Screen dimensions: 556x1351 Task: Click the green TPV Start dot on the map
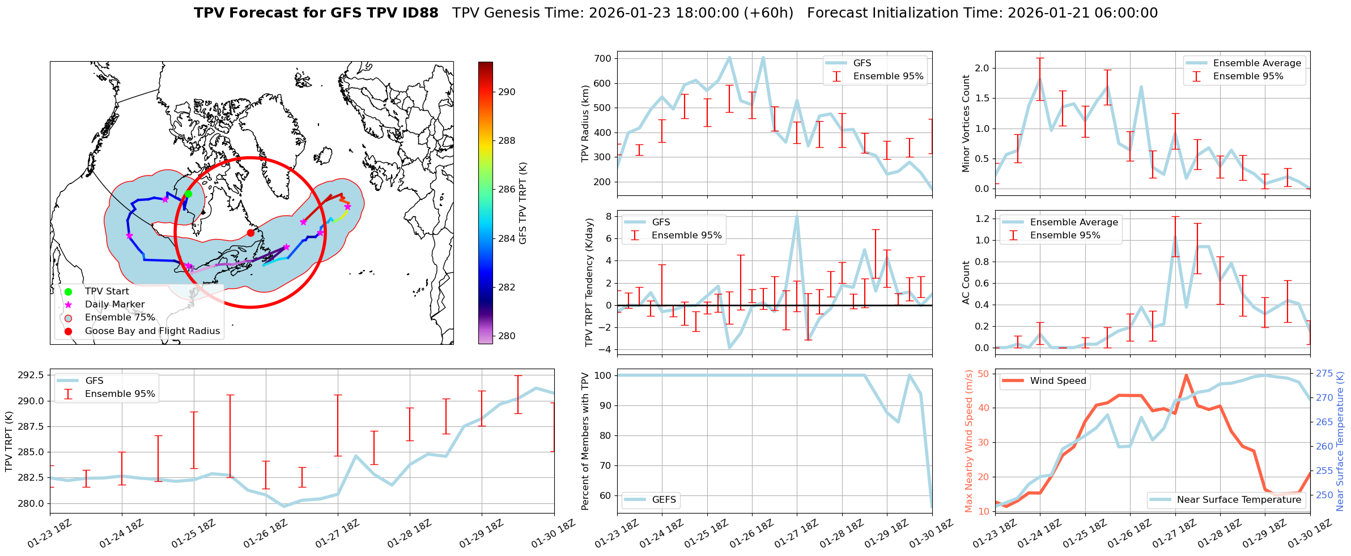point(188,194)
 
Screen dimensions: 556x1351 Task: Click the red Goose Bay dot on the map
point(250,233)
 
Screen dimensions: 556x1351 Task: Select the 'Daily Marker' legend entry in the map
point(114,305)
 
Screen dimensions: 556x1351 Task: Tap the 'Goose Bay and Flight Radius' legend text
point(152,331)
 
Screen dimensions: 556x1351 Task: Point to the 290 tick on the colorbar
point(507,92)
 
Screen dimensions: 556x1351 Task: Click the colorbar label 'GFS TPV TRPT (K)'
point(522,203)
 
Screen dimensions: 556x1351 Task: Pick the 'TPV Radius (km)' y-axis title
point(585,123)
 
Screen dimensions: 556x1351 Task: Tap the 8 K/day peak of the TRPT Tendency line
point(797,216)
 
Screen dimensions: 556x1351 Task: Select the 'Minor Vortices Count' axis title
point(966,123)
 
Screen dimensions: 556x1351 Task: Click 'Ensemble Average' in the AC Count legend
point(1074,223)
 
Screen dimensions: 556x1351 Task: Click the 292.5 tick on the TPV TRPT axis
point(31,375)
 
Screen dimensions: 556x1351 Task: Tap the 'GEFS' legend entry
point(664,500)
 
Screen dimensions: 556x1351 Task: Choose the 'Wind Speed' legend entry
point(1057,381)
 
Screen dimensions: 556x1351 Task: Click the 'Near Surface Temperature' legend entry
point(1239,500)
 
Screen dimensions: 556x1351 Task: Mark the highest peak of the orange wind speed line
point(1186,375)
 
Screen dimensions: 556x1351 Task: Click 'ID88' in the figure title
point(419,13)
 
